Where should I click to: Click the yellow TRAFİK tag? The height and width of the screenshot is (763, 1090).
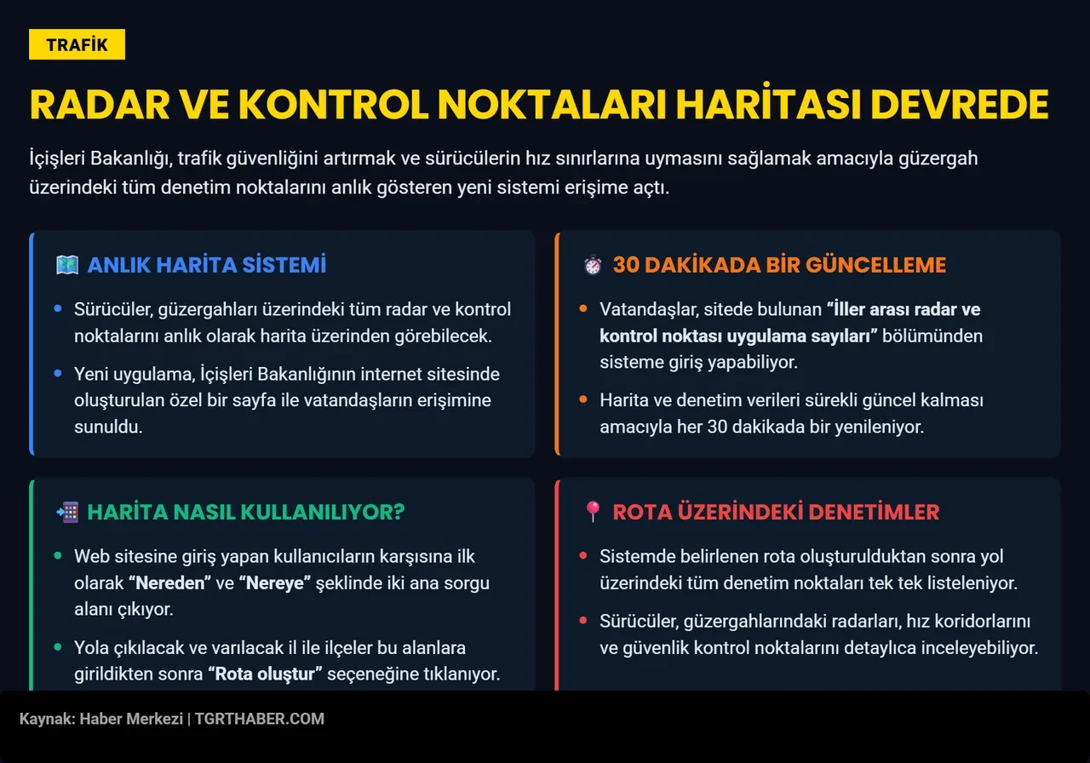(x=77, y=44)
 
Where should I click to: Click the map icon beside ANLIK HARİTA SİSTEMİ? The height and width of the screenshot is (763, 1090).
(x=66, y=265)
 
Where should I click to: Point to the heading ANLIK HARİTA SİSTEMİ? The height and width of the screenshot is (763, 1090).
(x=206, y=265)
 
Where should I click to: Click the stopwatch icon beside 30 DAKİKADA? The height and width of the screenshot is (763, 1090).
(x=593, y=265)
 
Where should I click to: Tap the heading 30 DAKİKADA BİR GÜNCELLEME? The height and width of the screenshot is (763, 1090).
(x=779, y=265)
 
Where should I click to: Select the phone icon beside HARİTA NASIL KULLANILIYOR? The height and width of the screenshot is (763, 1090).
(x=66, y=512)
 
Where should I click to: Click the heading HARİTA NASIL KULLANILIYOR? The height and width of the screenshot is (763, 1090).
(x=245, y=512)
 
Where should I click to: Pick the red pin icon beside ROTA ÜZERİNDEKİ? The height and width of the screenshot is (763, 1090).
(x=593, y=512)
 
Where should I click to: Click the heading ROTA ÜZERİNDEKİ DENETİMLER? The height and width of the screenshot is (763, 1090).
(x=776, y=512)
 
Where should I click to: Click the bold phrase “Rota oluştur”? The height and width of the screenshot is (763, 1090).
(x=265, y=674)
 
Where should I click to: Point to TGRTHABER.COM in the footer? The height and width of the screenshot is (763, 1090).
(x=260, y=719)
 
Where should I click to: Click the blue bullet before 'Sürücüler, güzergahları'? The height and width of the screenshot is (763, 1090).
(x=57, y=308)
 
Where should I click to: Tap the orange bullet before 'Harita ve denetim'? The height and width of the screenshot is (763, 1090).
(x=582, y=399)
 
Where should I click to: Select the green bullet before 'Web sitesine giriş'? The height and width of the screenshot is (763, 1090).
(x=57, y=555)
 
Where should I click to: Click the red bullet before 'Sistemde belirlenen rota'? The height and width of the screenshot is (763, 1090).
(x=582, y=555)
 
